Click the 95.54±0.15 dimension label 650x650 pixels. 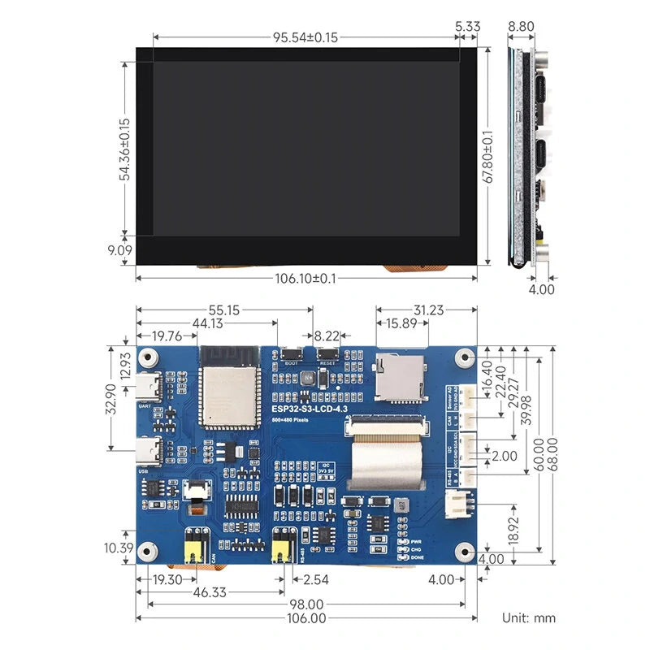tap(305, 37)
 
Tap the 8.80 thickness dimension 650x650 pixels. tap(521, 27)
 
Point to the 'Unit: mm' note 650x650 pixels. tap(528, 617)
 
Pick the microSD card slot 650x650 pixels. tap(399, 378)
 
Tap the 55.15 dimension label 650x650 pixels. tap(224, 310)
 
